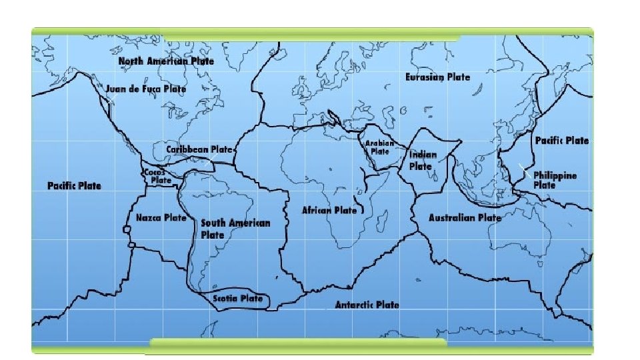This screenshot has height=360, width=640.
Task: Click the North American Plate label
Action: [x=166, y=61]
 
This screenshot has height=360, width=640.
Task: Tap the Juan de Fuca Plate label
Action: [x=146, y=89]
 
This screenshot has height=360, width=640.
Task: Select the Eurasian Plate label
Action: [x=437, y=77]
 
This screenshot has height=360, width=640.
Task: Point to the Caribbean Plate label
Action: [x=199, y=150]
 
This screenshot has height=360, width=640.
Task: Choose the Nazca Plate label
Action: [x=161, y=218]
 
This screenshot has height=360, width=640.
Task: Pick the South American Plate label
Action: [x=235, y=228]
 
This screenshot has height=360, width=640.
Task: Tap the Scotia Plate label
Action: [x=238, y=299]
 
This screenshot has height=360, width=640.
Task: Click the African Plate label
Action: [x=329, y=210]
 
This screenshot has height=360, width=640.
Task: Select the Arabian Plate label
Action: [x=379, y=147]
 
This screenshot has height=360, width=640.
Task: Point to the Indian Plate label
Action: [x=423, y=160]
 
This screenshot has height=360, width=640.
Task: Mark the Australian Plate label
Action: [x=464, y=218]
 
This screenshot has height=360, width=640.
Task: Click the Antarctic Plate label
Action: [x=367, y=305]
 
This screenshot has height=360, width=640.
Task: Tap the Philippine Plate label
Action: [x=555, y=180]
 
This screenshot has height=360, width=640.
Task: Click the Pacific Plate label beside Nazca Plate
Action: [x=74, y=185]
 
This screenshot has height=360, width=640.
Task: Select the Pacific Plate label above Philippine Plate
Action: [x=562, y=141]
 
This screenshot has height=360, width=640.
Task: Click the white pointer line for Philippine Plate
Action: [x=525, y=169]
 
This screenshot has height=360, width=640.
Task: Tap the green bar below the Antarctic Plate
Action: [x=297, y=343]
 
